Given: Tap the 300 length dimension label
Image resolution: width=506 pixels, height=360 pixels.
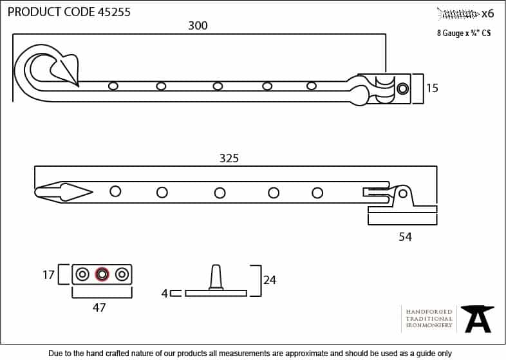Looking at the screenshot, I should tap(198, 26).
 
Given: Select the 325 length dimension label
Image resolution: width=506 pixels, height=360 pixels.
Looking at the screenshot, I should tap(229, 158).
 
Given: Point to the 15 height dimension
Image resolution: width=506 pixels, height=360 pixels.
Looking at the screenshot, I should tap(432, 88).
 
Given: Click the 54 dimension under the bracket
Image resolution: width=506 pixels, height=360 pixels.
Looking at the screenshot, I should tap(404, 237).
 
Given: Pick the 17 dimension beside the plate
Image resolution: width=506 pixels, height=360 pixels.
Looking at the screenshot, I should tap(48, 274).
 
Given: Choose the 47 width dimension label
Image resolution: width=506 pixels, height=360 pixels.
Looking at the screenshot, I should tap(98, 308).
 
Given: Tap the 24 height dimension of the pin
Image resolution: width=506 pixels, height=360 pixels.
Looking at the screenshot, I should tap(270, 280).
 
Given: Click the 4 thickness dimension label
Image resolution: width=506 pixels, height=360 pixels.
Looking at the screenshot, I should tap(164, 293).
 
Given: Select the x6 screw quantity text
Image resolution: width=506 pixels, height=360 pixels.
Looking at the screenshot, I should tap(487, 13).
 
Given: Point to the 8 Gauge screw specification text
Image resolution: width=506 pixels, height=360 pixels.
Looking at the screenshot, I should tap(464, 33).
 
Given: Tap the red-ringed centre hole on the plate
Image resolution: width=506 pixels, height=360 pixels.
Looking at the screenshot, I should tap(101, 274).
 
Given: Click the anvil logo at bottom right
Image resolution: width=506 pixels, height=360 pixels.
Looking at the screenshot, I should tap(478, 318).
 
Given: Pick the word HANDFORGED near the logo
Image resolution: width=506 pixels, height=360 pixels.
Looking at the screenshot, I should tap(429, 312).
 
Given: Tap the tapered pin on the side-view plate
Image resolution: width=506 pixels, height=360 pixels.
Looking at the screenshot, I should tap(216, 278).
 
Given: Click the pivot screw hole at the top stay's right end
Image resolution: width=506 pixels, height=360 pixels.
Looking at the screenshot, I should tap(402, 88).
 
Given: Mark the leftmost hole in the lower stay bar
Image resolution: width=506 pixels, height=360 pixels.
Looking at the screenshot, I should tap(115, 191).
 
